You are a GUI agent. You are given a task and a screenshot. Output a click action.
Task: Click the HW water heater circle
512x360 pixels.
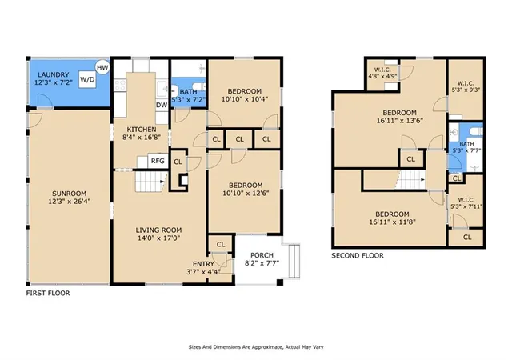(x=102, y=68)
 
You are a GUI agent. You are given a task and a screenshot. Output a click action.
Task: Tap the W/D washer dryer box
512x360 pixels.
(x=87, y=79)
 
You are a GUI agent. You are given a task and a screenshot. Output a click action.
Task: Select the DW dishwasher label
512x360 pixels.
(x=162, y=105)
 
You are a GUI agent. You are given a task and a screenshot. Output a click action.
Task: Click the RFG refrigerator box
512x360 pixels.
(x=158, y=161)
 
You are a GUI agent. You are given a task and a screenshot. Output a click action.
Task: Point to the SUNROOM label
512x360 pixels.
(x=70, y=194)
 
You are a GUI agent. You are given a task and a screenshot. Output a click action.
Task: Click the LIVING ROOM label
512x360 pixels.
(x=158, y=230)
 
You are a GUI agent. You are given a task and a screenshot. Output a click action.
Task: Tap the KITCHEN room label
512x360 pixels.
(x=142, y=130)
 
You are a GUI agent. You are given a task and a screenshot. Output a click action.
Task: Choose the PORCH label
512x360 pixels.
(x=262, y=255)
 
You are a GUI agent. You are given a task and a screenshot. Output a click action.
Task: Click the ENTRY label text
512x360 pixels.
(x=203, y=264)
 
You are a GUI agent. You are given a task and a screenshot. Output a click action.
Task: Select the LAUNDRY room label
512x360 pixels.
(x=54, y=75)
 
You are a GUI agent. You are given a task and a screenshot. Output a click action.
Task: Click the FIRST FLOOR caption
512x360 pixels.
(x=48, y=293)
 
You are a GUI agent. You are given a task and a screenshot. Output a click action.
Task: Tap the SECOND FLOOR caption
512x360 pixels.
(x=358, y=255)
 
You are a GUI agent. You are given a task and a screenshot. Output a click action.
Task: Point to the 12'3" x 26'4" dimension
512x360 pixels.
(x=70, y=202)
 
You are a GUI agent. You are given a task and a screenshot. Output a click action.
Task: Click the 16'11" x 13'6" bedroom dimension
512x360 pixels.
(x=400, y=121)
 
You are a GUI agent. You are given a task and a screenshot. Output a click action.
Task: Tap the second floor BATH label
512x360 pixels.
(x=466, y=144)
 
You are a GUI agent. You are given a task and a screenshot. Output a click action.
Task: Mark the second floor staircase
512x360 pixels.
(x=410, y=180)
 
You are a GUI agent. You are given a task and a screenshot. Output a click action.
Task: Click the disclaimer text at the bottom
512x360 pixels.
(x=256, y=347)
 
